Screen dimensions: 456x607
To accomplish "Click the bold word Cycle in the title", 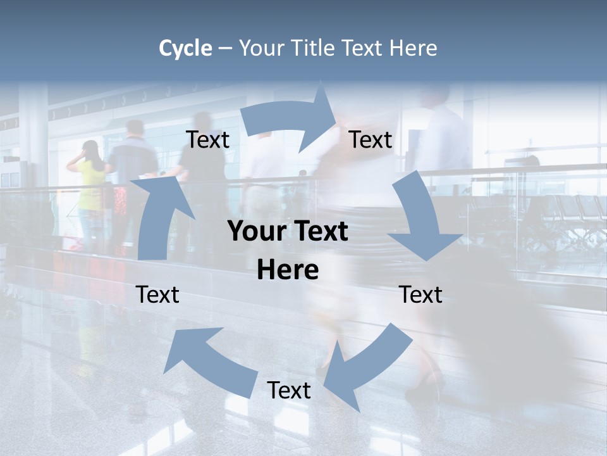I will coord(185,48).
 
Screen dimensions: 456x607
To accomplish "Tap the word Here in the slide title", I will coord(412,48).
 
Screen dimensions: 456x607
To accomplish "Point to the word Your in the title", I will coord(261,48).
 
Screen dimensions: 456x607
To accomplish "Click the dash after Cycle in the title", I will coord(225,49).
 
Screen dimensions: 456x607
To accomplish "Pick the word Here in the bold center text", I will coord(288,270).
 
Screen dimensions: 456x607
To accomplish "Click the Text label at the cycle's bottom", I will coord(289,390).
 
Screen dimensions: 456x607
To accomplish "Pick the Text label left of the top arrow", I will coord(208,139).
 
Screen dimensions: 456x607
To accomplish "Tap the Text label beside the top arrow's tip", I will coord(371,139).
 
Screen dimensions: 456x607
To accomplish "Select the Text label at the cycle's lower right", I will coord(420,294).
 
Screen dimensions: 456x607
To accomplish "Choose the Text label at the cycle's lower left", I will coord(157,294).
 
